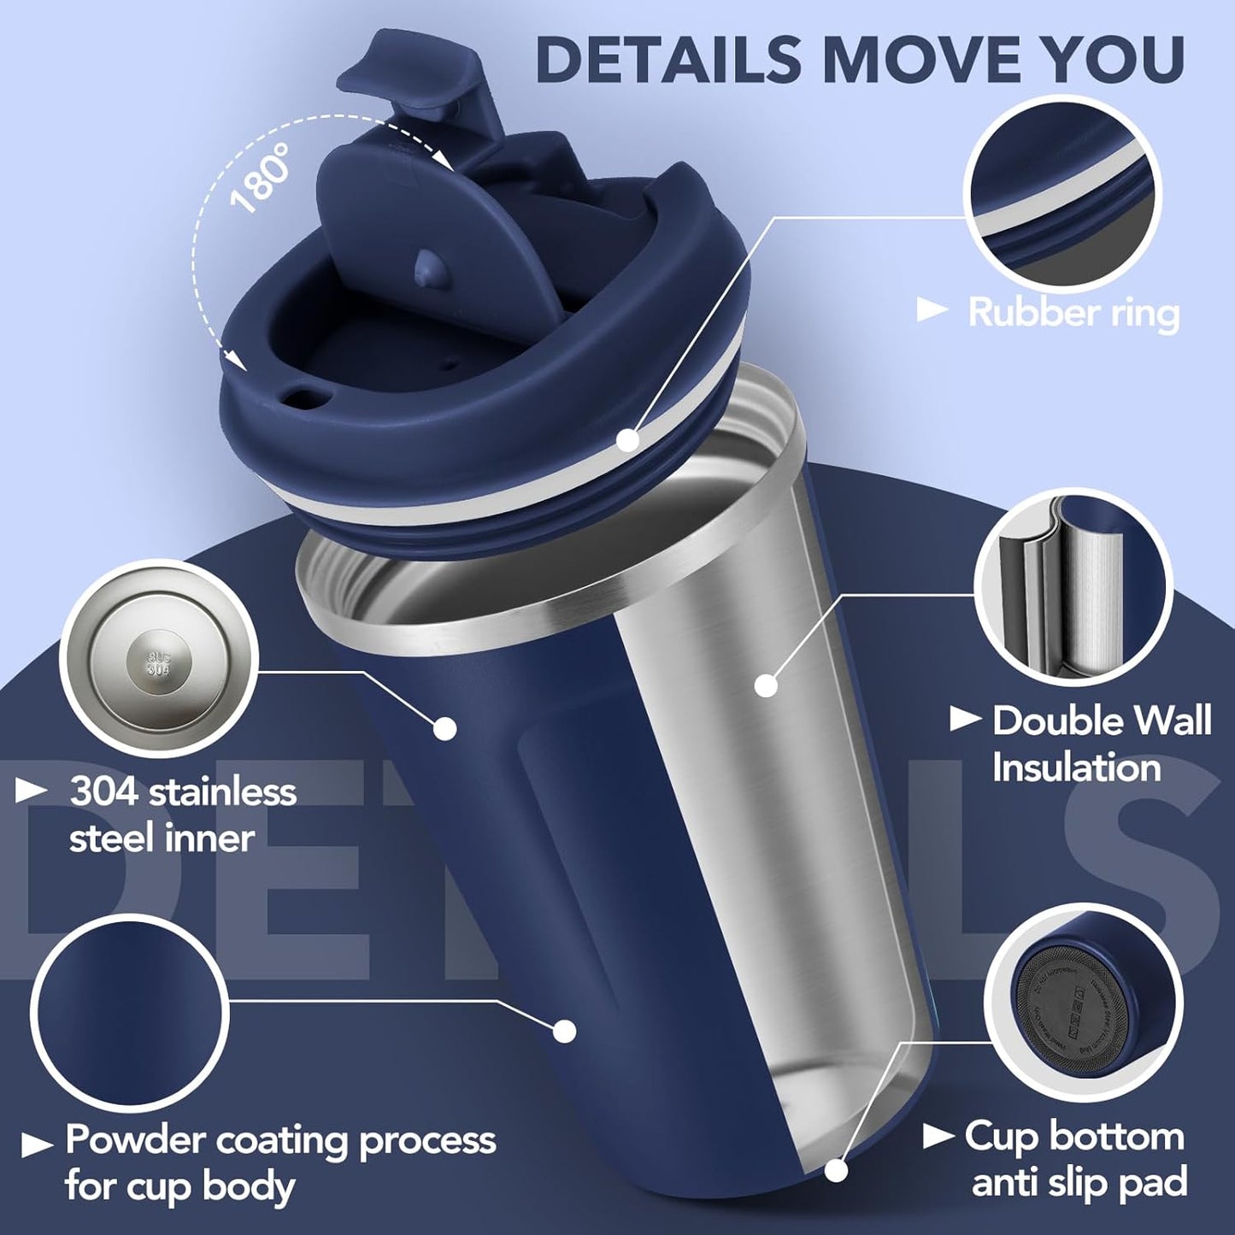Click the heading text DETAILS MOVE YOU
(860, 60)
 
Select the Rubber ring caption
(1073, 313)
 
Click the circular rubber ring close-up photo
(1062, 196)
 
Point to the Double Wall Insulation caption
(1100, 744)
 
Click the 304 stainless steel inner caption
(182, 815)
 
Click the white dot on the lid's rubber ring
(628, 440)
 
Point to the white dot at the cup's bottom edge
(836, 1170)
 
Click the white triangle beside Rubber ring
(932, 311)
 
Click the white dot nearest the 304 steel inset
(444, 728)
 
